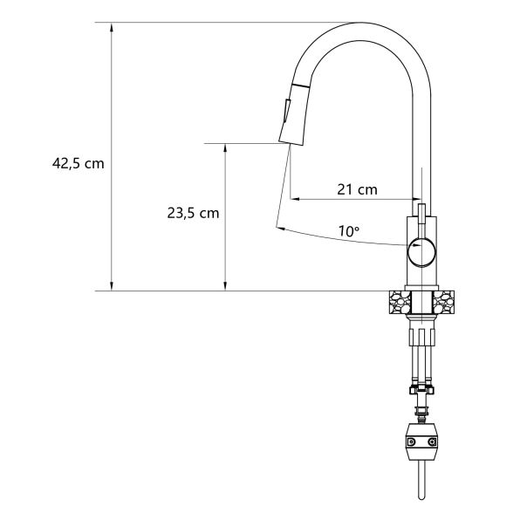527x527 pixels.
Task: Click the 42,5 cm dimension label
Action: coord(79,164)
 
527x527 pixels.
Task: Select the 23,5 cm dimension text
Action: coord(193,213)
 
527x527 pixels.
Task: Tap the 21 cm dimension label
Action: coord(357,189)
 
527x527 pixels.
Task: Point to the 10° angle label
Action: coord(349,231)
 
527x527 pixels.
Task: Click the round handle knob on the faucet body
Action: coord(421,251)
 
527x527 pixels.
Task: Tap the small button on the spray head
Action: coord(287,110)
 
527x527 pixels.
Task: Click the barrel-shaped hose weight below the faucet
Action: coord(421,441)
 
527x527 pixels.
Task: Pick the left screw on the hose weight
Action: coord(411,441)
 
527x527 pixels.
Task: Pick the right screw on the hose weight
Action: coord(432,441)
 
